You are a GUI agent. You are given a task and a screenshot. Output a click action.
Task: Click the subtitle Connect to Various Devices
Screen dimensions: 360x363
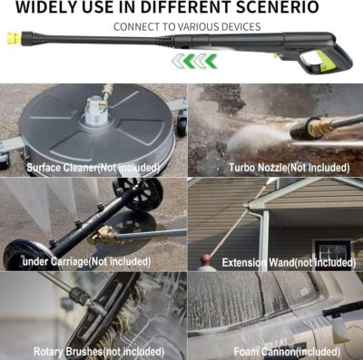(x=187, y=26)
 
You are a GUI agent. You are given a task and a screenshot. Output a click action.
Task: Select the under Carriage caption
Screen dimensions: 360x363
(x=87, y=261)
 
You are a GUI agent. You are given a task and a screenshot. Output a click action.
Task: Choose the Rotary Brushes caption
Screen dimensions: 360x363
(x=92, y=351)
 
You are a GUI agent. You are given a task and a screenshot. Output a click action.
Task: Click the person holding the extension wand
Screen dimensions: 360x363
(x=208, y=262)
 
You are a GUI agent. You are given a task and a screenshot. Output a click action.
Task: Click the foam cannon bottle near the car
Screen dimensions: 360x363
(x=340, y=322)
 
